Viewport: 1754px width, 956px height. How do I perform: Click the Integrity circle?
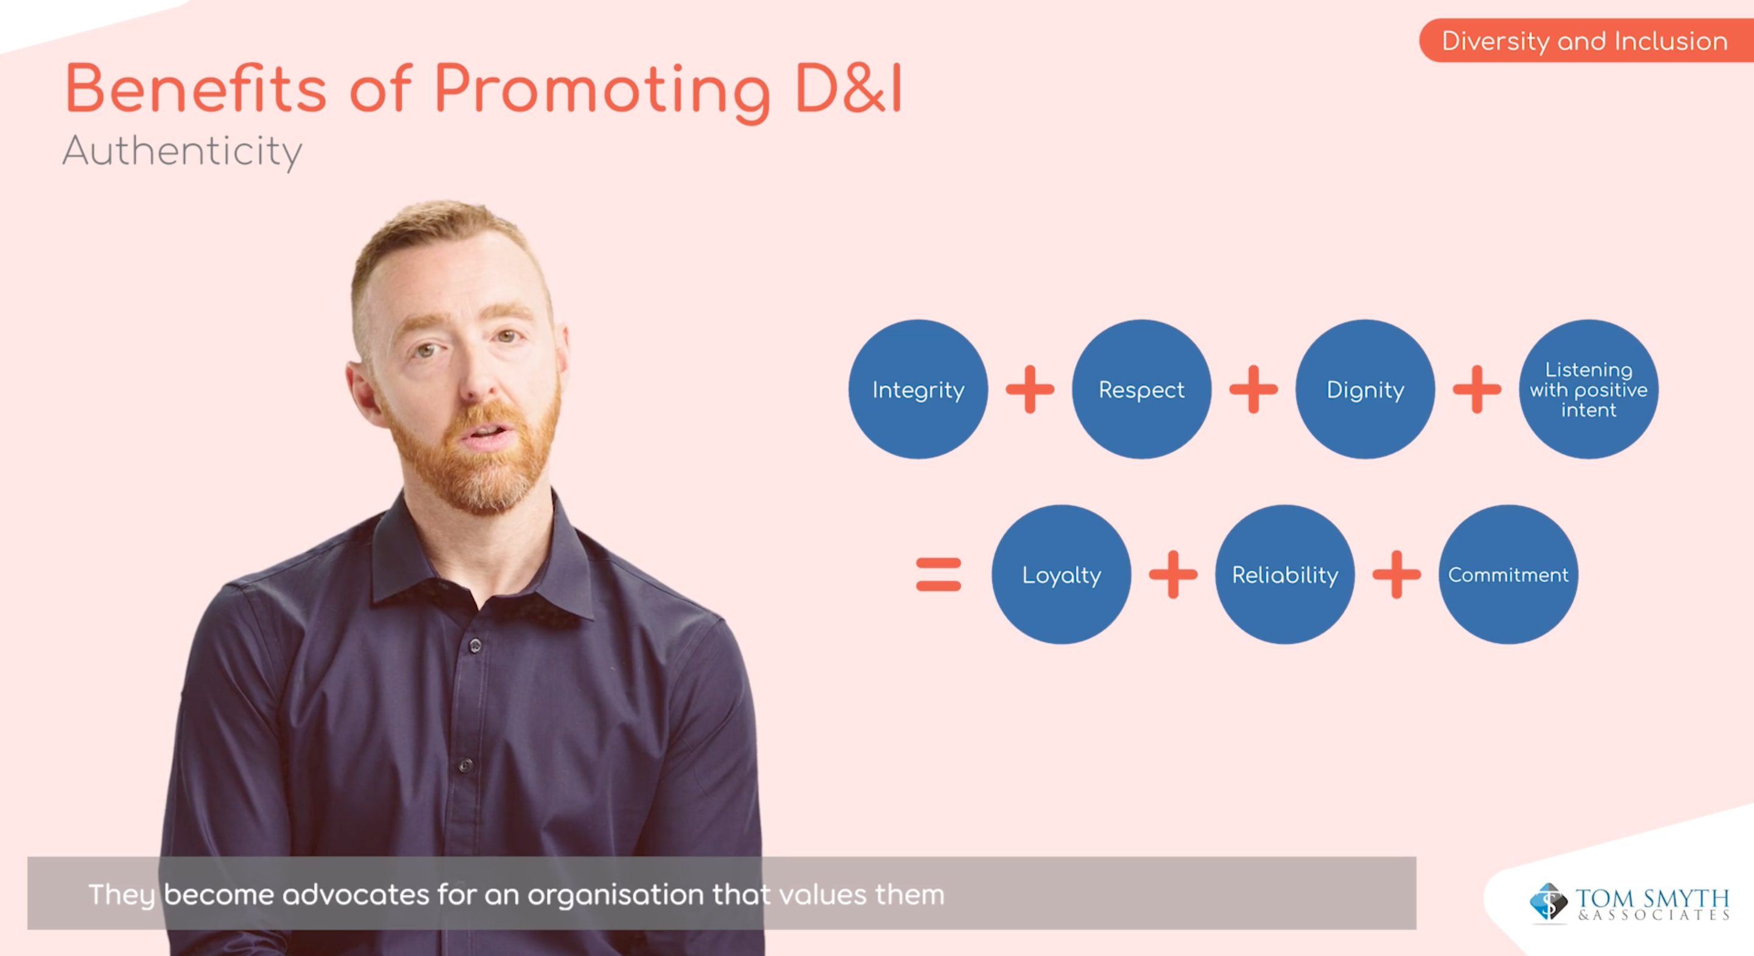(918, 390)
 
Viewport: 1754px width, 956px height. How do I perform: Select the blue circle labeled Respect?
(1141, 390)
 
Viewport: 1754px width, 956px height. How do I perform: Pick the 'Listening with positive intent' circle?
(1588, 390)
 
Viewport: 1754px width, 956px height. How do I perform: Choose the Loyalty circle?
(1061, 575)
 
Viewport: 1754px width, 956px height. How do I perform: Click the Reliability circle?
(1285, 575)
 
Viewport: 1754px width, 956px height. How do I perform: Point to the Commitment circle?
(1508, 575)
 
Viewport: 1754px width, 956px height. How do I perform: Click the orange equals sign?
(939, 575)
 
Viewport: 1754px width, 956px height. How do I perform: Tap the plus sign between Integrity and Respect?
(1029, 390)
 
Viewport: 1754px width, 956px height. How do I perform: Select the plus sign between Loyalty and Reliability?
(1172, 575)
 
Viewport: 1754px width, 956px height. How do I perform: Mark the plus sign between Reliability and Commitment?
(1397, 575)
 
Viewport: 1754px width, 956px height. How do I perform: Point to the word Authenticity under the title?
(182, 151)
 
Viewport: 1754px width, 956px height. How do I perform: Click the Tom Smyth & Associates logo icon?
(1548, 902)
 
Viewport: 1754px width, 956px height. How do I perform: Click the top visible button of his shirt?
(474, 645)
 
